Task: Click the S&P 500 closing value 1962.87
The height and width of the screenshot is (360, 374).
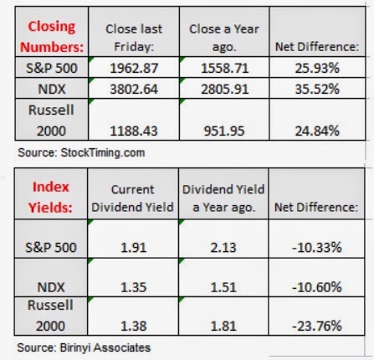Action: (x=134, y=68)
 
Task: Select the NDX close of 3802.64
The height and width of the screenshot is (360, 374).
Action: (x=134, y=89)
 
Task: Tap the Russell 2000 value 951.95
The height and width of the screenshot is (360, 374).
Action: (x=224, y=131)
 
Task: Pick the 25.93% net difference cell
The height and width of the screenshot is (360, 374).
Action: (x=317, y=68)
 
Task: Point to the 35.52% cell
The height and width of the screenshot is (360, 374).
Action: (x=317, y=89)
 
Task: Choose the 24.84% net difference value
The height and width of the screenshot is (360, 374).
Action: (x=317, y=131)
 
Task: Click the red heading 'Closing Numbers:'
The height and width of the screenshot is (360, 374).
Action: (x=52, y=37)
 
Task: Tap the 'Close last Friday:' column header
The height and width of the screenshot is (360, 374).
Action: (x=134, y=38)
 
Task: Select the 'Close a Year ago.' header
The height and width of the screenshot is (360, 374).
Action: (x=224, y=38)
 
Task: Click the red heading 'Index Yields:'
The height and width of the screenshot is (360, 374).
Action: (x=50, y=197)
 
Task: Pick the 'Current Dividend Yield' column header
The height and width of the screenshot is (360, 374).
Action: (x=132, y=198)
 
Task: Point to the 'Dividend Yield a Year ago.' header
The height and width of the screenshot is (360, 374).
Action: (x=223, y=198)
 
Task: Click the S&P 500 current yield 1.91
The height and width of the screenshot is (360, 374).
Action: (x=133, y=248)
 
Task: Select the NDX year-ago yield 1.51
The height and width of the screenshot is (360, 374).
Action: (x=223, y=287)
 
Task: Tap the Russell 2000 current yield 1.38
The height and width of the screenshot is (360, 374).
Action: (x=133, y=326)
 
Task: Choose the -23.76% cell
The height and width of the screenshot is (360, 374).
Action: (x=317, y=326)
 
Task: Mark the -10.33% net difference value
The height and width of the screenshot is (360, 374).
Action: (x=317, y=248)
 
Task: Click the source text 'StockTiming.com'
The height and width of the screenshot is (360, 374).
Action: (x=103, y=153)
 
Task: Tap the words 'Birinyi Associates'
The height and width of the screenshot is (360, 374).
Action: (x=105, y=347)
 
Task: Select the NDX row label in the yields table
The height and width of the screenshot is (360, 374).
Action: (x=51, y=287)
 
